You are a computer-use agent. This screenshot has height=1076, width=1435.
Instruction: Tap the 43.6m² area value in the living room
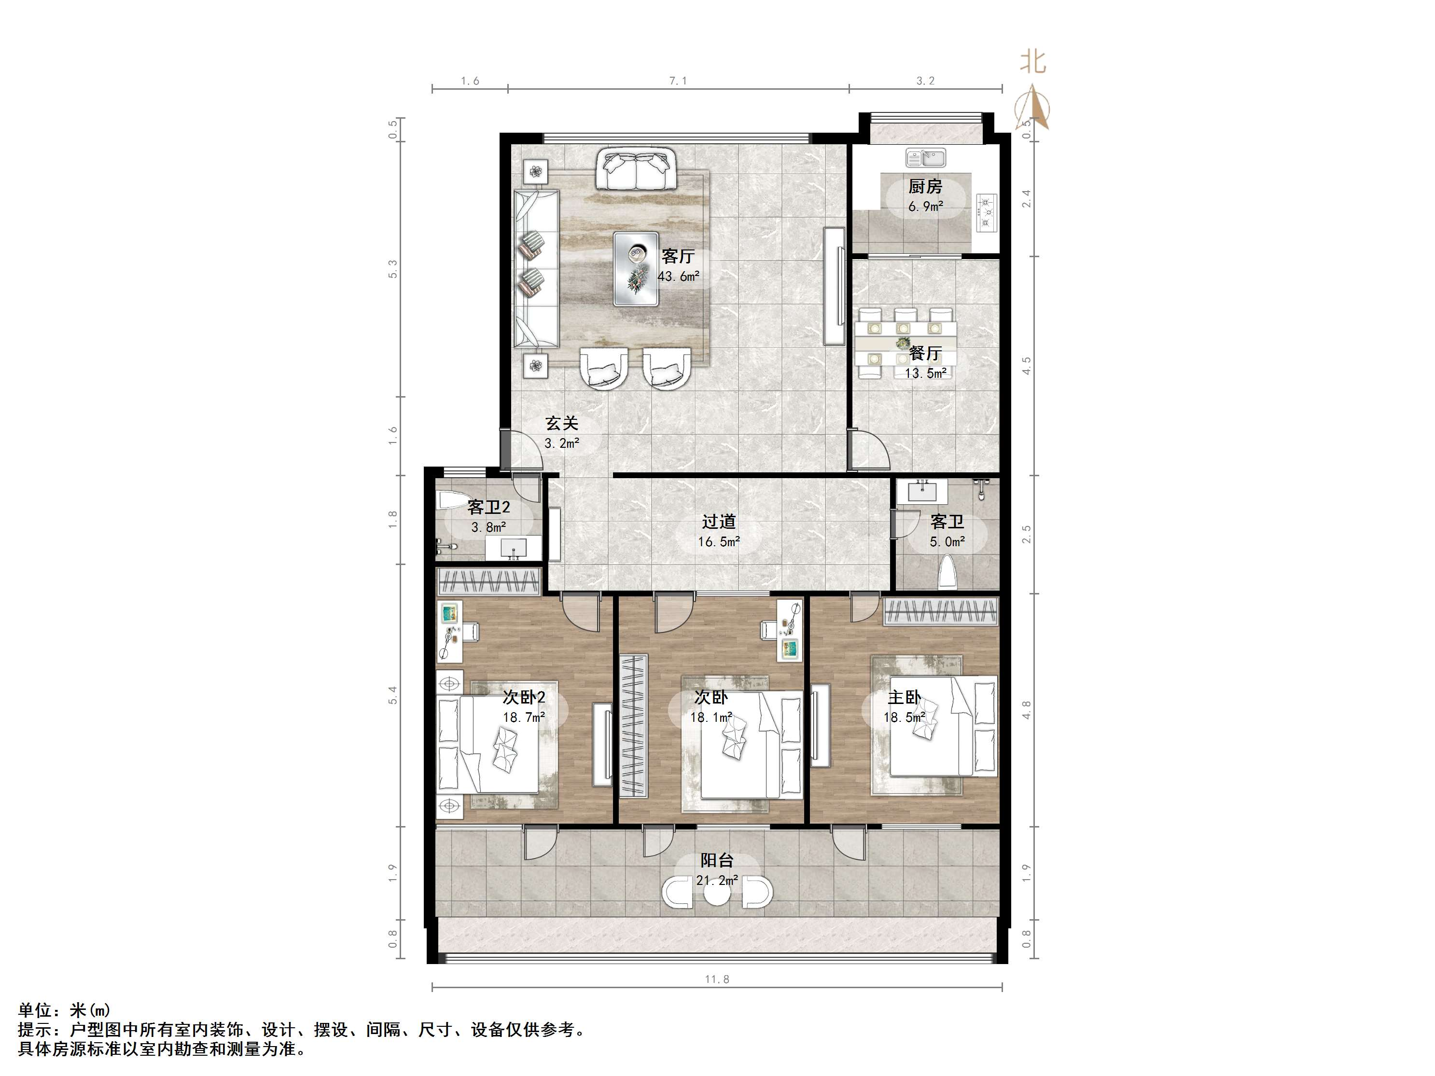tap(678, 276)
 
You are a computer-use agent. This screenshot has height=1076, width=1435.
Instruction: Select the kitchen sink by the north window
tap(926, 158)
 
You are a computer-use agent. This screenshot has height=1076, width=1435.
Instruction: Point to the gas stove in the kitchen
tap(987, 212)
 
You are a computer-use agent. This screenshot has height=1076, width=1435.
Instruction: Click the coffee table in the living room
tap(636, 268)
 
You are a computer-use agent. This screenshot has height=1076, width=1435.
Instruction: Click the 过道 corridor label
tap(718, 522)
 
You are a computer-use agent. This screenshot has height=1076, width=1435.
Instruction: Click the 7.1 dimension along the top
tap(678, 81)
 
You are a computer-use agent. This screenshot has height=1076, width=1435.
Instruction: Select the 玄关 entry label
tap(561, 424)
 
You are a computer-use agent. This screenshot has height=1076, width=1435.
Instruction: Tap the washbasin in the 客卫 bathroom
tap(922, 491)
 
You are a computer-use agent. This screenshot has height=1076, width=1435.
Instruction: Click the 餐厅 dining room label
tap(925, 354)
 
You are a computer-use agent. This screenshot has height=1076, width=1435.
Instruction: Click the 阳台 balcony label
tap(717, 861)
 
